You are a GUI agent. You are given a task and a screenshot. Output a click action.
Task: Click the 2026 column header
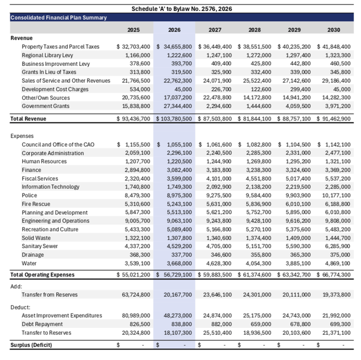point(174,30)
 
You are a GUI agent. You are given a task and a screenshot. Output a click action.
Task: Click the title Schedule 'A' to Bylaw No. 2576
point(181,9)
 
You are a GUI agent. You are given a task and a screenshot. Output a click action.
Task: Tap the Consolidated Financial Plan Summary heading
point(59,18)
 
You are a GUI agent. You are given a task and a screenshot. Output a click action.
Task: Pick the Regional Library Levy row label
point(47,55)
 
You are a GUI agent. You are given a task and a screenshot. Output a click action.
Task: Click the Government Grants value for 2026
point(176,106)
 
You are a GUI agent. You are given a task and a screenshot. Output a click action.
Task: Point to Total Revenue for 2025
point(133,119)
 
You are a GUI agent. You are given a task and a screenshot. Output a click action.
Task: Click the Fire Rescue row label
point(36,204)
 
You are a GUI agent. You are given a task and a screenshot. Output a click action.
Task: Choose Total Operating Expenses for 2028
point(254,275)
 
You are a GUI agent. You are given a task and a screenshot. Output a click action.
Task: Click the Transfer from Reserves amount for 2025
point(136,295)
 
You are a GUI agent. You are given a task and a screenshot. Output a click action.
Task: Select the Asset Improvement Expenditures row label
point(62,316)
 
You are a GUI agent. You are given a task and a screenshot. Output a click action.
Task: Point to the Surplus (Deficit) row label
point(31,345)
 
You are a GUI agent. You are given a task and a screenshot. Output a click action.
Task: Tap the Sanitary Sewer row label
point(40,246)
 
